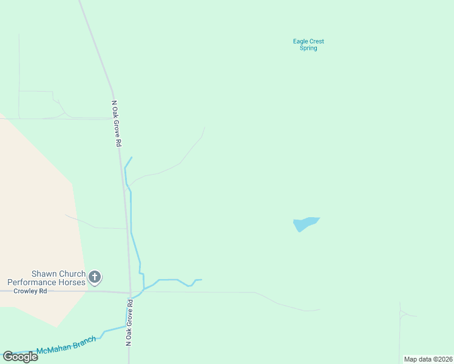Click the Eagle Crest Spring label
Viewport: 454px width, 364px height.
click(x=308, y=44)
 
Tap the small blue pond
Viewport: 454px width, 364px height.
click(x=304, y=223)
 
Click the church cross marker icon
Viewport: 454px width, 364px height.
click(x=95, y=277)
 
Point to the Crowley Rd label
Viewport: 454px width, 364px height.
click(x=30, y=291)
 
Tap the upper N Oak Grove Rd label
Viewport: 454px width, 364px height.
click(x=117, y=123)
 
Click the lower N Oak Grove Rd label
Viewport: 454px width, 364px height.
click(x=129, y=322)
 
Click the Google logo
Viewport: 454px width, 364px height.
click(x=21, y=357)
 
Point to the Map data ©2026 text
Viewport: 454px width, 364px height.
click(x=428, y=359)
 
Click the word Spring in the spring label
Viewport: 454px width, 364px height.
click(x=308, y=48)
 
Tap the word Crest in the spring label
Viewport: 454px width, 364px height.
click(x=317, y=41)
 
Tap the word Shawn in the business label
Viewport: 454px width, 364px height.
click(x=44, y=274)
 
